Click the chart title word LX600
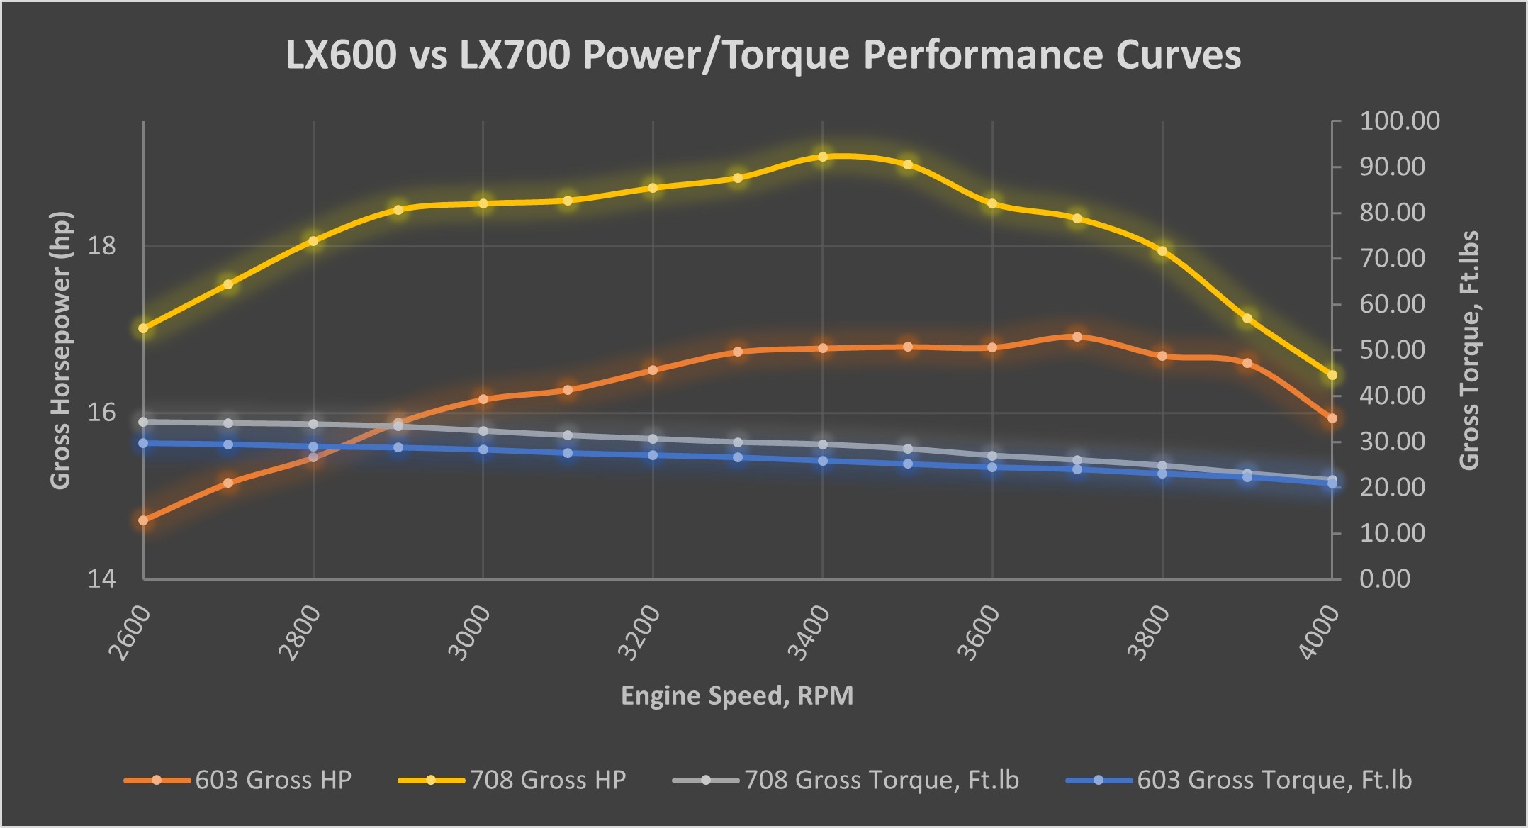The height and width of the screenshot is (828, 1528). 341,55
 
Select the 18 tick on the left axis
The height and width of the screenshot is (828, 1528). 101,247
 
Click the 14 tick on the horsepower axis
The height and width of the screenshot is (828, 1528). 101,579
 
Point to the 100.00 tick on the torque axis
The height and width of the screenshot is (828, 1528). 1399,121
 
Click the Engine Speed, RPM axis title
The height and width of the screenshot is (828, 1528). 737,696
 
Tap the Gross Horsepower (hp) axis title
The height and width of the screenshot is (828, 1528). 61,350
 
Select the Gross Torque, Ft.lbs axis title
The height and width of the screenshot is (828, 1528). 1470,350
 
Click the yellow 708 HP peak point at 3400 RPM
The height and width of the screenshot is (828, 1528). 823,157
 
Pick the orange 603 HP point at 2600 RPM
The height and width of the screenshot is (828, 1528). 143,520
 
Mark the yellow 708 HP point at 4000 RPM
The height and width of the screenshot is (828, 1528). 1332,375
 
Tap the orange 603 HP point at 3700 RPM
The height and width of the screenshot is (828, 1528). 1077,337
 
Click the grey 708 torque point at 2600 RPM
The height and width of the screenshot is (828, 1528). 143,422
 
